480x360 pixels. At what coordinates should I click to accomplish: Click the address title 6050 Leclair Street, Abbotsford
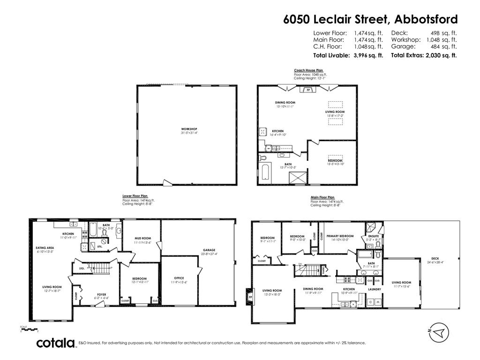(x=370, y=19)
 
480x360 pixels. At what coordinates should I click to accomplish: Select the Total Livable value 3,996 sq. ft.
(x=368, y=55)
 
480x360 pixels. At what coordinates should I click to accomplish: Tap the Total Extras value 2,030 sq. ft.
(x=441, y=55)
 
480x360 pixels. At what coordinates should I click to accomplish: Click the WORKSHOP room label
(x=189, y=129)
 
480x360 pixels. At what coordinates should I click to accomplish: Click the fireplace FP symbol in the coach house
(x=308, y=90)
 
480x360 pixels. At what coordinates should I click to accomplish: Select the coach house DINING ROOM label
(x=285, y=102)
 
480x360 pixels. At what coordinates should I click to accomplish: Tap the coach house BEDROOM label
(x=335, y=160)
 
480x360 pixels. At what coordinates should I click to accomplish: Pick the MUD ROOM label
(x=142, y=238)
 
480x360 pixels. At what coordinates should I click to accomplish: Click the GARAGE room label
(x=209, y=250)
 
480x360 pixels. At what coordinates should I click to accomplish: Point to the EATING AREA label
(x=45, y=247)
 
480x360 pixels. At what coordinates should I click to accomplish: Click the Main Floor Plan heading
(x=322, y=197)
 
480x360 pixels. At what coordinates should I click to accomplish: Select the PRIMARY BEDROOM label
(x=340, y=236)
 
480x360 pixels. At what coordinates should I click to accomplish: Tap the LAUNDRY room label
(x=375, y=289)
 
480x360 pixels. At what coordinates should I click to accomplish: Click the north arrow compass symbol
(x=438, y=332)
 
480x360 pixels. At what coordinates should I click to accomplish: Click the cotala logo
(x=56, y=343)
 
